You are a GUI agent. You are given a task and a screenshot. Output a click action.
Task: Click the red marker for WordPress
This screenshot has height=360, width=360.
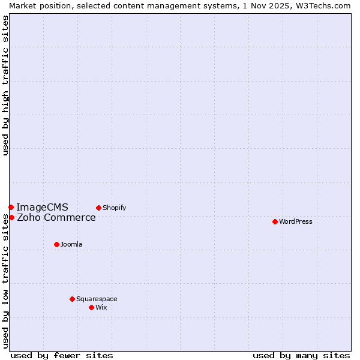pyautogui.click(x=275, y=221)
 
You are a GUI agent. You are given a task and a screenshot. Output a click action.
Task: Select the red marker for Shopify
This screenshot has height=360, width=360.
pyautogui.click(x=98, y=208)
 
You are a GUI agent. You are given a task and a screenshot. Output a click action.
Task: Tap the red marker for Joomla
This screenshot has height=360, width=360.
pyautogui.click(x=56, y=244)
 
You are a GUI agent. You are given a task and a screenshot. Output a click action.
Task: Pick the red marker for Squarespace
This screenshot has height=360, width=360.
pyautogui.click(x=72, y=299)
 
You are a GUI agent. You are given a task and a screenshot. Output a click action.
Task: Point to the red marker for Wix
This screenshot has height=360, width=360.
pyautogui.click(x=91, y=307)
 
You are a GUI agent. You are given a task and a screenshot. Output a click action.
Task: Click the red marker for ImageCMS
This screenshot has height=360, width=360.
pyautogui.click(x=11, y=207)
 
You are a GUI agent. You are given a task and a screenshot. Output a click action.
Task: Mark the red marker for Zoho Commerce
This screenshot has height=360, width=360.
pyautogui.click(x=11, y=217)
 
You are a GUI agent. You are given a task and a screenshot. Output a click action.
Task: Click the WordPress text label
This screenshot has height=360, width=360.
pyautogui.click(x=296, y=221)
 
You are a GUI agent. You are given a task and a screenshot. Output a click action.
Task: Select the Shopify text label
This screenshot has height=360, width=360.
pyautogui.click(x=115, y=208)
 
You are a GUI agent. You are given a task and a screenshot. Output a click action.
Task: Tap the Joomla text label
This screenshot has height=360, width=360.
pyautogui.click(x=71, y=244)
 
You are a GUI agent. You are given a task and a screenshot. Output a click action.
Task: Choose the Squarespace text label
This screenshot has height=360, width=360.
pyautogui.click(x=97, y=299)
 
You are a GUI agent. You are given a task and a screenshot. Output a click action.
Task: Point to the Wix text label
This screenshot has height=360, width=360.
pyautogui.click(x=101, y=307)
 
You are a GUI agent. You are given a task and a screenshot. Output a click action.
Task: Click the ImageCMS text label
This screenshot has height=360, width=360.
pyautogui.click(x=42, y=208)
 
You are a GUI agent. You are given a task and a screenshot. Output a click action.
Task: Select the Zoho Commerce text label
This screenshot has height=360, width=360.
pyautogui.click(x=56, y=218)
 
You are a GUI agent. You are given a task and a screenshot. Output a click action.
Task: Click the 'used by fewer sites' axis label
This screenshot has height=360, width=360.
pyautogui.click(x=62, y=355)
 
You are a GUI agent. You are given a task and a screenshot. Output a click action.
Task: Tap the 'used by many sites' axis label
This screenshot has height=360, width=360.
pyautogui.click(x=301, y=355)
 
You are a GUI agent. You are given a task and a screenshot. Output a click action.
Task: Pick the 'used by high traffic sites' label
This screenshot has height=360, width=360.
pyautogui.click(x=6, y=85)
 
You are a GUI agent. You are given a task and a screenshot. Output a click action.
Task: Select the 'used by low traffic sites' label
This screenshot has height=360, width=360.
pyautogui.click(x=6, y=281)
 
